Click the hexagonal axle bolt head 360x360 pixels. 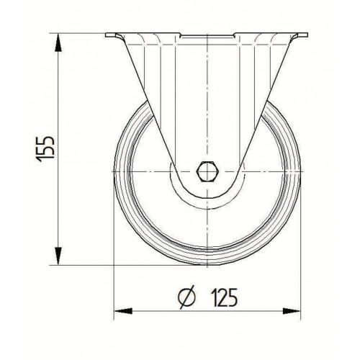[207, 172]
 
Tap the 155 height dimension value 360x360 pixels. [45, 149]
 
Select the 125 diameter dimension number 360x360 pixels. [225, 297]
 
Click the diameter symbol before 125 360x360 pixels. [186, 297]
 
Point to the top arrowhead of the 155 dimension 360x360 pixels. [58, 42]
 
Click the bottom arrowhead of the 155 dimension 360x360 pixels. [58, 256]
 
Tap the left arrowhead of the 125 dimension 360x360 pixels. [123, 311]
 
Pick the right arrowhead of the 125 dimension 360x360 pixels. [291, 311]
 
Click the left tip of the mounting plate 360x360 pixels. [106, 35]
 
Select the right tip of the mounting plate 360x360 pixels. [307, 35]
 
